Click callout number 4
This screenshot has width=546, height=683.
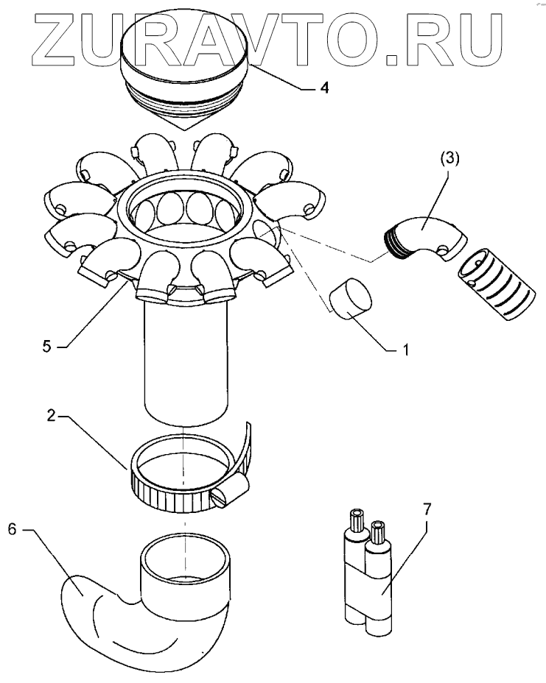pos(323,88)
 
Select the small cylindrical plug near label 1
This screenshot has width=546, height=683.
pos(351,299)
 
